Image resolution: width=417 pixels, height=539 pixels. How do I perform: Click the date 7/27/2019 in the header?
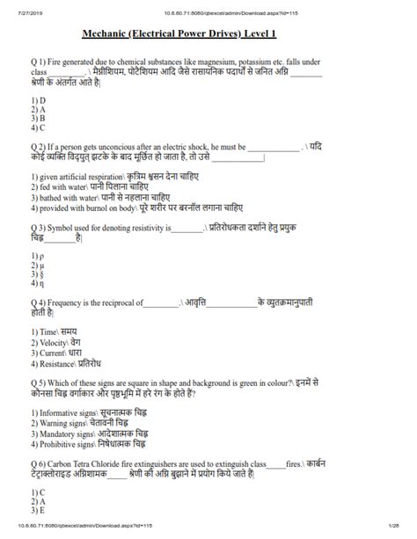(x=18, y=8)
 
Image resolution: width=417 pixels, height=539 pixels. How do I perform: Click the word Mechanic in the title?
(x=110, y=34)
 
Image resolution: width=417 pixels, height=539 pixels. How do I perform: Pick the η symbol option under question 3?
(x=36, y=284)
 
